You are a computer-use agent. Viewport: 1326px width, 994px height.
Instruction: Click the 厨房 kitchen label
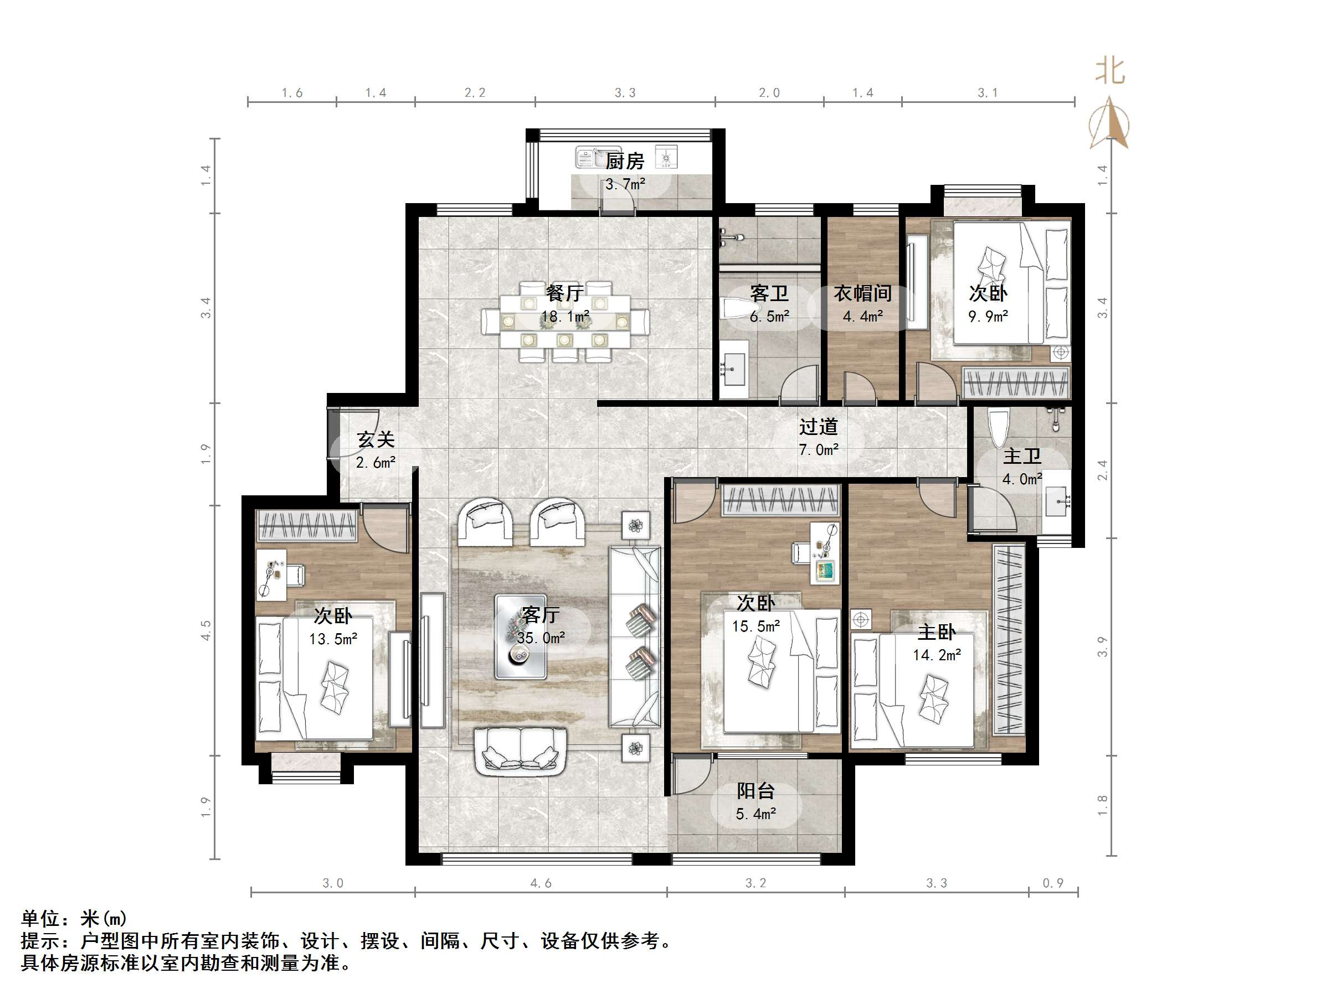coord(625,161)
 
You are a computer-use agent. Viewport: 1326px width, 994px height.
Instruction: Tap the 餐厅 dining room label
coord(565,293)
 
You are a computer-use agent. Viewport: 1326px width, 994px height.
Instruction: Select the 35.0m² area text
coord(541,638)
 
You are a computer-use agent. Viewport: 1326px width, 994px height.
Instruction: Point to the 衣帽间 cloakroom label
coord(862,293)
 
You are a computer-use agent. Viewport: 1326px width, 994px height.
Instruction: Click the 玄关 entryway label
coord(376,440)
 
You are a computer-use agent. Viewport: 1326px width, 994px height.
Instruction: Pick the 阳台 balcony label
coord(755,791)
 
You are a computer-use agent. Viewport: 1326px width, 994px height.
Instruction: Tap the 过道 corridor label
coord(818,427)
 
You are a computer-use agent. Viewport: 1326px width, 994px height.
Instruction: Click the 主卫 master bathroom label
coord(1022,457)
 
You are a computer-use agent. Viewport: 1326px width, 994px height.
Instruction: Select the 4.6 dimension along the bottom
coord(541,883)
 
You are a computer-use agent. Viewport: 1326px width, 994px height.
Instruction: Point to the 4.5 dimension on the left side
coord(205,630)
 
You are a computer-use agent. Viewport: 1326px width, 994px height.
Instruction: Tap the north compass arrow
coord(1109,122)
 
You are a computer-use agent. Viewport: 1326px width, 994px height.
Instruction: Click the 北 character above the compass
coord(1109,71)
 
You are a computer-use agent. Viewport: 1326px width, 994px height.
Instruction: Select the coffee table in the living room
coord(520,636)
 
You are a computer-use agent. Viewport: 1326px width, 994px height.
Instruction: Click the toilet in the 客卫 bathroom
coord(736,309)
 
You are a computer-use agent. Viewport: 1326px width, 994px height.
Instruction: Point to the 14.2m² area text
coord(937,655)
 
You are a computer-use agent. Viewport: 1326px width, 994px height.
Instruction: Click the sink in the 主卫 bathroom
coord(1057,500)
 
